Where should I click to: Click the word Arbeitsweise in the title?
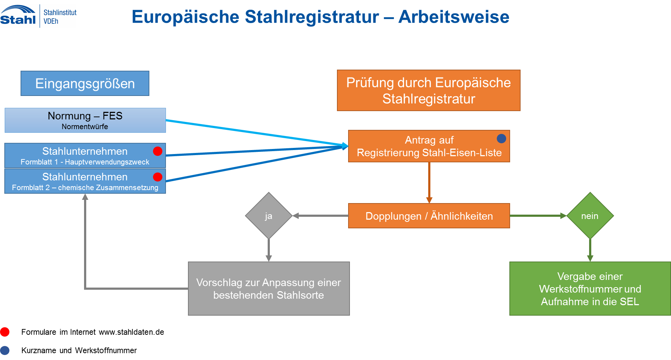[453, 17]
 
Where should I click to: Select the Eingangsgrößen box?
[85, 83]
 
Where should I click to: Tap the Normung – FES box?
[85, 120]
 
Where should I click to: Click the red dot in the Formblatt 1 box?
[158, 151]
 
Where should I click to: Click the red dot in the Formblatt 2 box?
[158, 177]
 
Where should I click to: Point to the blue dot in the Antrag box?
[501, 139]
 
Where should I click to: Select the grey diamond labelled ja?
[268, 216]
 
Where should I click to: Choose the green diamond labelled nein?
[590, 216]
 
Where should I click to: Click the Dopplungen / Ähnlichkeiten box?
[429, 216]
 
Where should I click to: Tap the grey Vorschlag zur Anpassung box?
[269, 289]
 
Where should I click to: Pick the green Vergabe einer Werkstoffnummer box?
[590, 289]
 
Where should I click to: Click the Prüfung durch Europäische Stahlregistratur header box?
[429, 90]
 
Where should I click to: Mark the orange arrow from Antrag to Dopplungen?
[429, 182]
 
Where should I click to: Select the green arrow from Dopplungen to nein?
[538, 216]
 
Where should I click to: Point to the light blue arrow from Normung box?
[253, 132]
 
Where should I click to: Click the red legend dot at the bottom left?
[5, 332]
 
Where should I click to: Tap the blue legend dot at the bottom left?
[5, 350]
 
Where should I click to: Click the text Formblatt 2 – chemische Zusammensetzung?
[85, 188]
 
